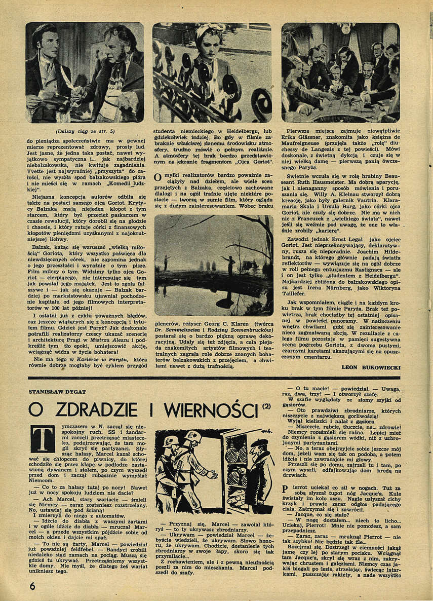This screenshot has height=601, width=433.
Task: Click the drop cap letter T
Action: (x=42, y=438)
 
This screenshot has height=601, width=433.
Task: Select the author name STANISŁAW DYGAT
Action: (x=56, y=392)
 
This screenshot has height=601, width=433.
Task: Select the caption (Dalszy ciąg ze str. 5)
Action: (x=85, y=131)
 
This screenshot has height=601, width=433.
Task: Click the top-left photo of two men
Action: (x=85, y=72)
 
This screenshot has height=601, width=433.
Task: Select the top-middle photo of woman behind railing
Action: (x=212, y=72)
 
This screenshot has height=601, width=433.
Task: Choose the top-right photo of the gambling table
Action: (x=340, y=72)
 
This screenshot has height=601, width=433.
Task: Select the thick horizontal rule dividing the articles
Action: (x=216, y=378)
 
